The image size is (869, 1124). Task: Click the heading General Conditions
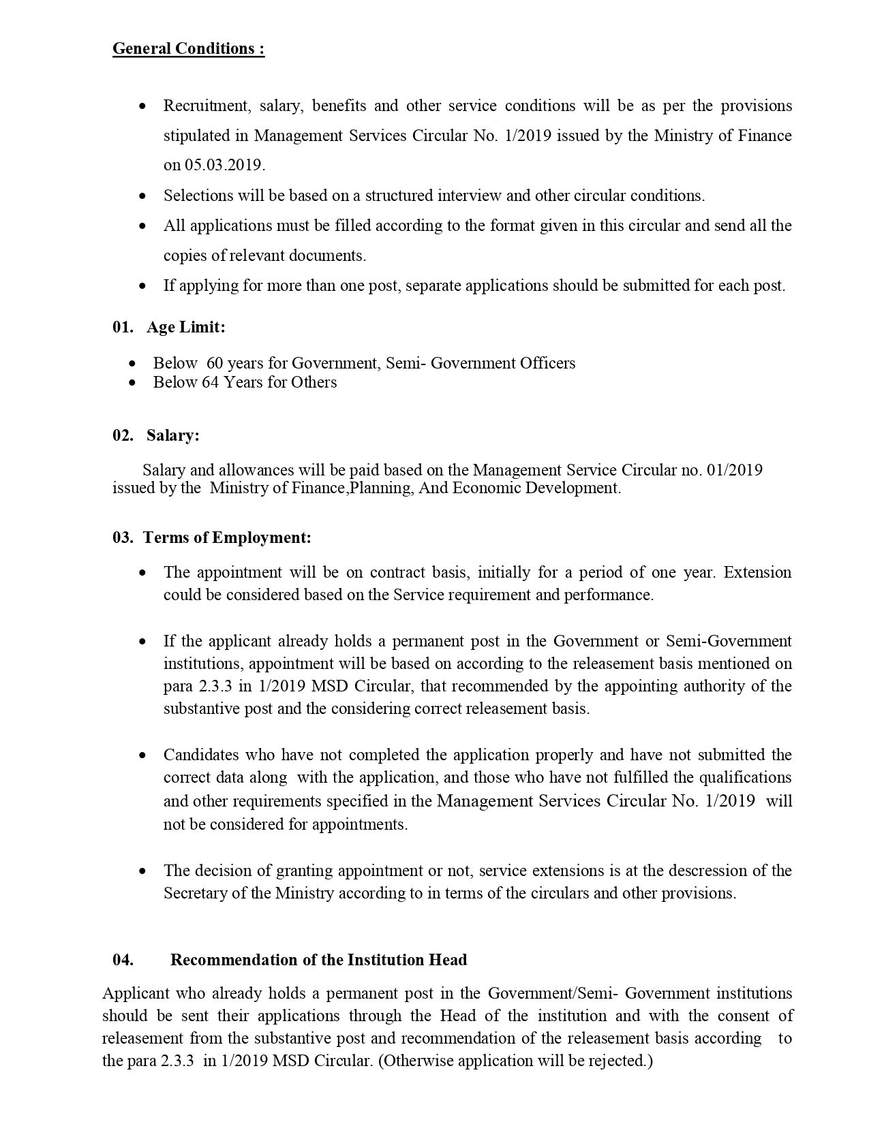188,49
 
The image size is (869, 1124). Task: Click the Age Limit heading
186,327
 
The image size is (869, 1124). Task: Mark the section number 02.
123,435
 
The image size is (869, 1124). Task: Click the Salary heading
173,435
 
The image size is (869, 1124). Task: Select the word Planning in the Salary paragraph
379,488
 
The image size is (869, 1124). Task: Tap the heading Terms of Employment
228,537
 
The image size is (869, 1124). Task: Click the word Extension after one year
757,572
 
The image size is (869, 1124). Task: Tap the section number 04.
123,960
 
